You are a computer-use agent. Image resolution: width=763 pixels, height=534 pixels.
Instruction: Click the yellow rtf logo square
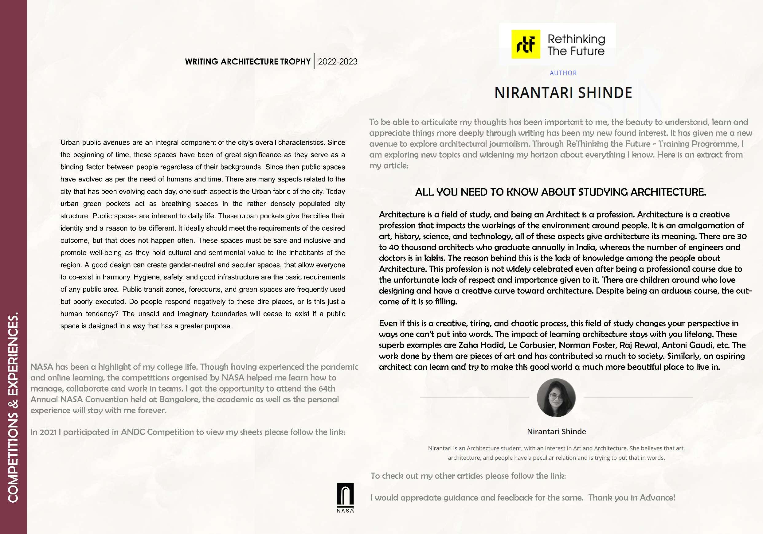click(525, 44)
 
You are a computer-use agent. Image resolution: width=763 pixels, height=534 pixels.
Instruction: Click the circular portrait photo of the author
click(556, 397)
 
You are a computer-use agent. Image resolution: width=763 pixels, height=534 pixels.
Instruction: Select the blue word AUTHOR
click(563, 73)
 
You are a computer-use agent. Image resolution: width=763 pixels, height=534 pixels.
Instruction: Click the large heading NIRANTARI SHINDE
click(563, 93)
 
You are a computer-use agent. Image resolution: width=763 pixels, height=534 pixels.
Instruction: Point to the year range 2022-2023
click(338, 62)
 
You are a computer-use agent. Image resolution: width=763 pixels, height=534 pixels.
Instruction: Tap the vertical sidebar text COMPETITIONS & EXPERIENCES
click(13, 407)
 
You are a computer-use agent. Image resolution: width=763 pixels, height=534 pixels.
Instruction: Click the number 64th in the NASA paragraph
click(326, 388)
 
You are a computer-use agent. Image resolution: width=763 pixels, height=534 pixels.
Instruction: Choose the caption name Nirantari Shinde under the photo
click(556, 432)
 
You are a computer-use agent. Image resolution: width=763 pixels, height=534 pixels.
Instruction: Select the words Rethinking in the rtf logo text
click(576, 39)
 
